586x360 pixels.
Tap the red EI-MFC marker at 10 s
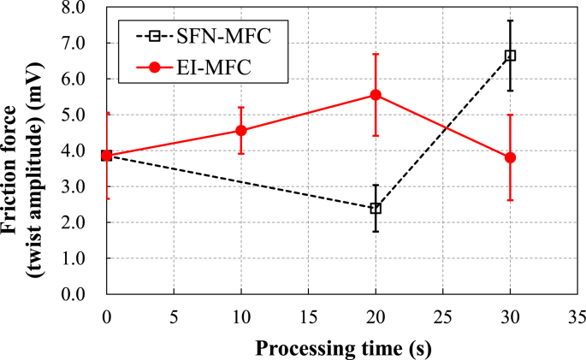241,131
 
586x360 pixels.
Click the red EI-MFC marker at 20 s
376,95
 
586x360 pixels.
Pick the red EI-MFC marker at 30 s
511,157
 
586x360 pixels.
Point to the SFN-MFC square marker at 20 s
376,209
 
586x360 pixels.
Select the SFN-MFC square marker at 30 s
511,56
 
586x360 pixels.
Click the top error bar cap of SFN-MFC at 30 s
511,21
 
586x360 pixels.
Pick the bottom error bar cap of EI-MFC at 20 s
376,135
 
